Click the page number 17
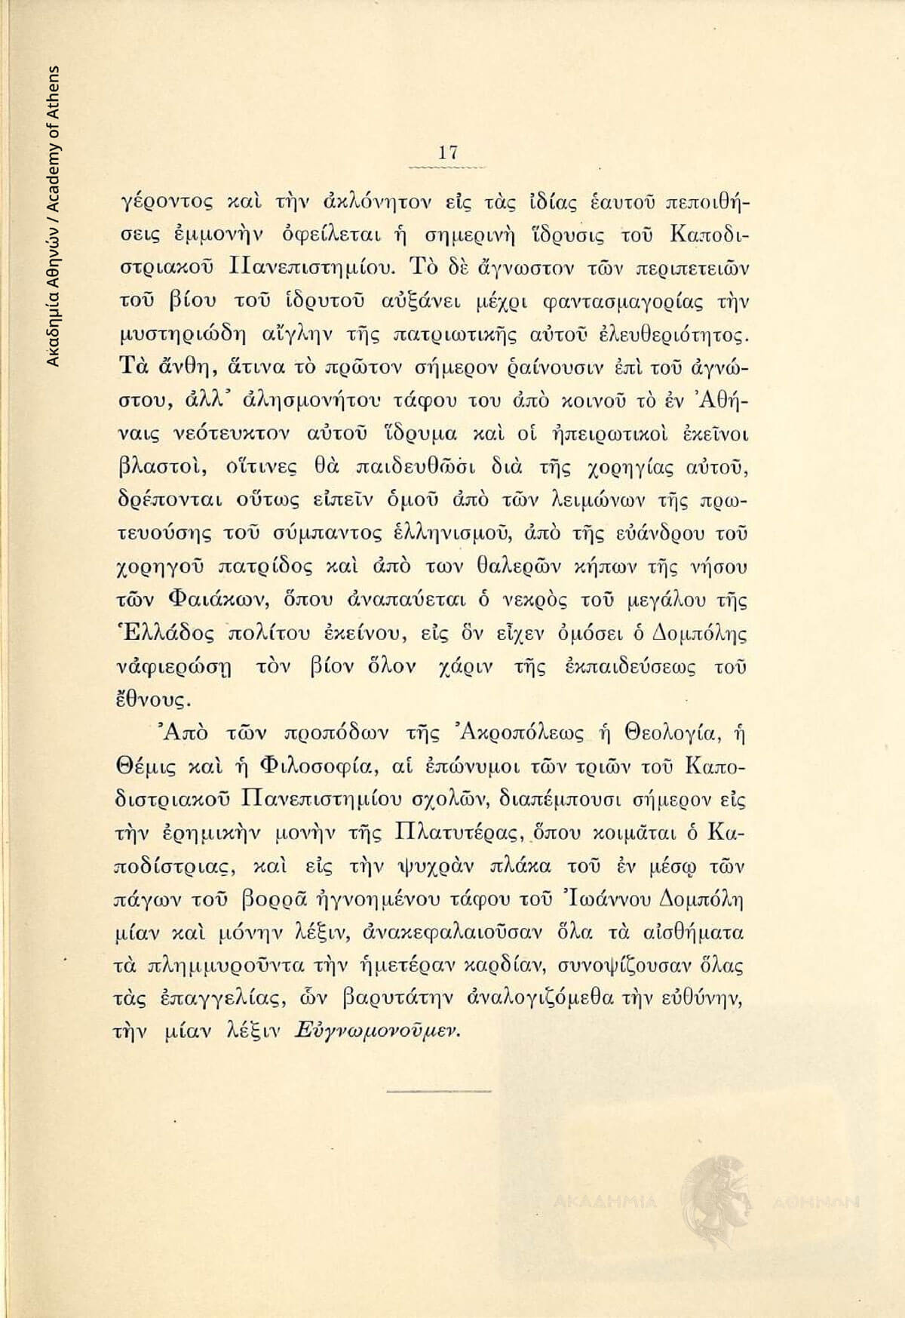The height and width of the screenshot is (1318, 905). pos(448,152)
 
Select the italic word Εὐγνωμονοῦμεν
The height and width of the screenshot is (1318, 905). pos(377,1031)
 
